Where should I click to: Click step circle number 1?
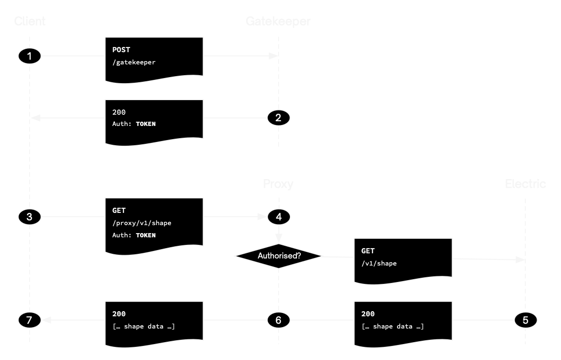coord(30,56)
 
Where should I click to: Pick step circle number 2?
coord(279,117)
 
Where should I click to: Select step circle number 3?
coord(30,217)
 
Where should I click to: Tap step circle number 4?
coord(279,217)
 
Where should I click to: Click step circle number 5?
coord(525,321)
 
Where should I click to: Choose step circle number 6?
coord(279,321)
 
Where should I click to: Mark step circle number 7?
coord(30,321)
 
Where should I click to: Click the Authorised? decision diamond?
coord(279,256)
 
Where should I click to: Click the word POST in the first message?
coord(121,50)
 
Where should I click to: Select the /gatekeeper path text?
coord(133,62)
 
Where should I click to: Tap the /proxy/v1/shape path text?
coord(141,223)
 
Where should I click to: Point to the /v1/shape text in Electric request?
coord(379,264)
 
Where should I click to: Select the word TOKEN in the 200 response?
coord(146,124)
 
